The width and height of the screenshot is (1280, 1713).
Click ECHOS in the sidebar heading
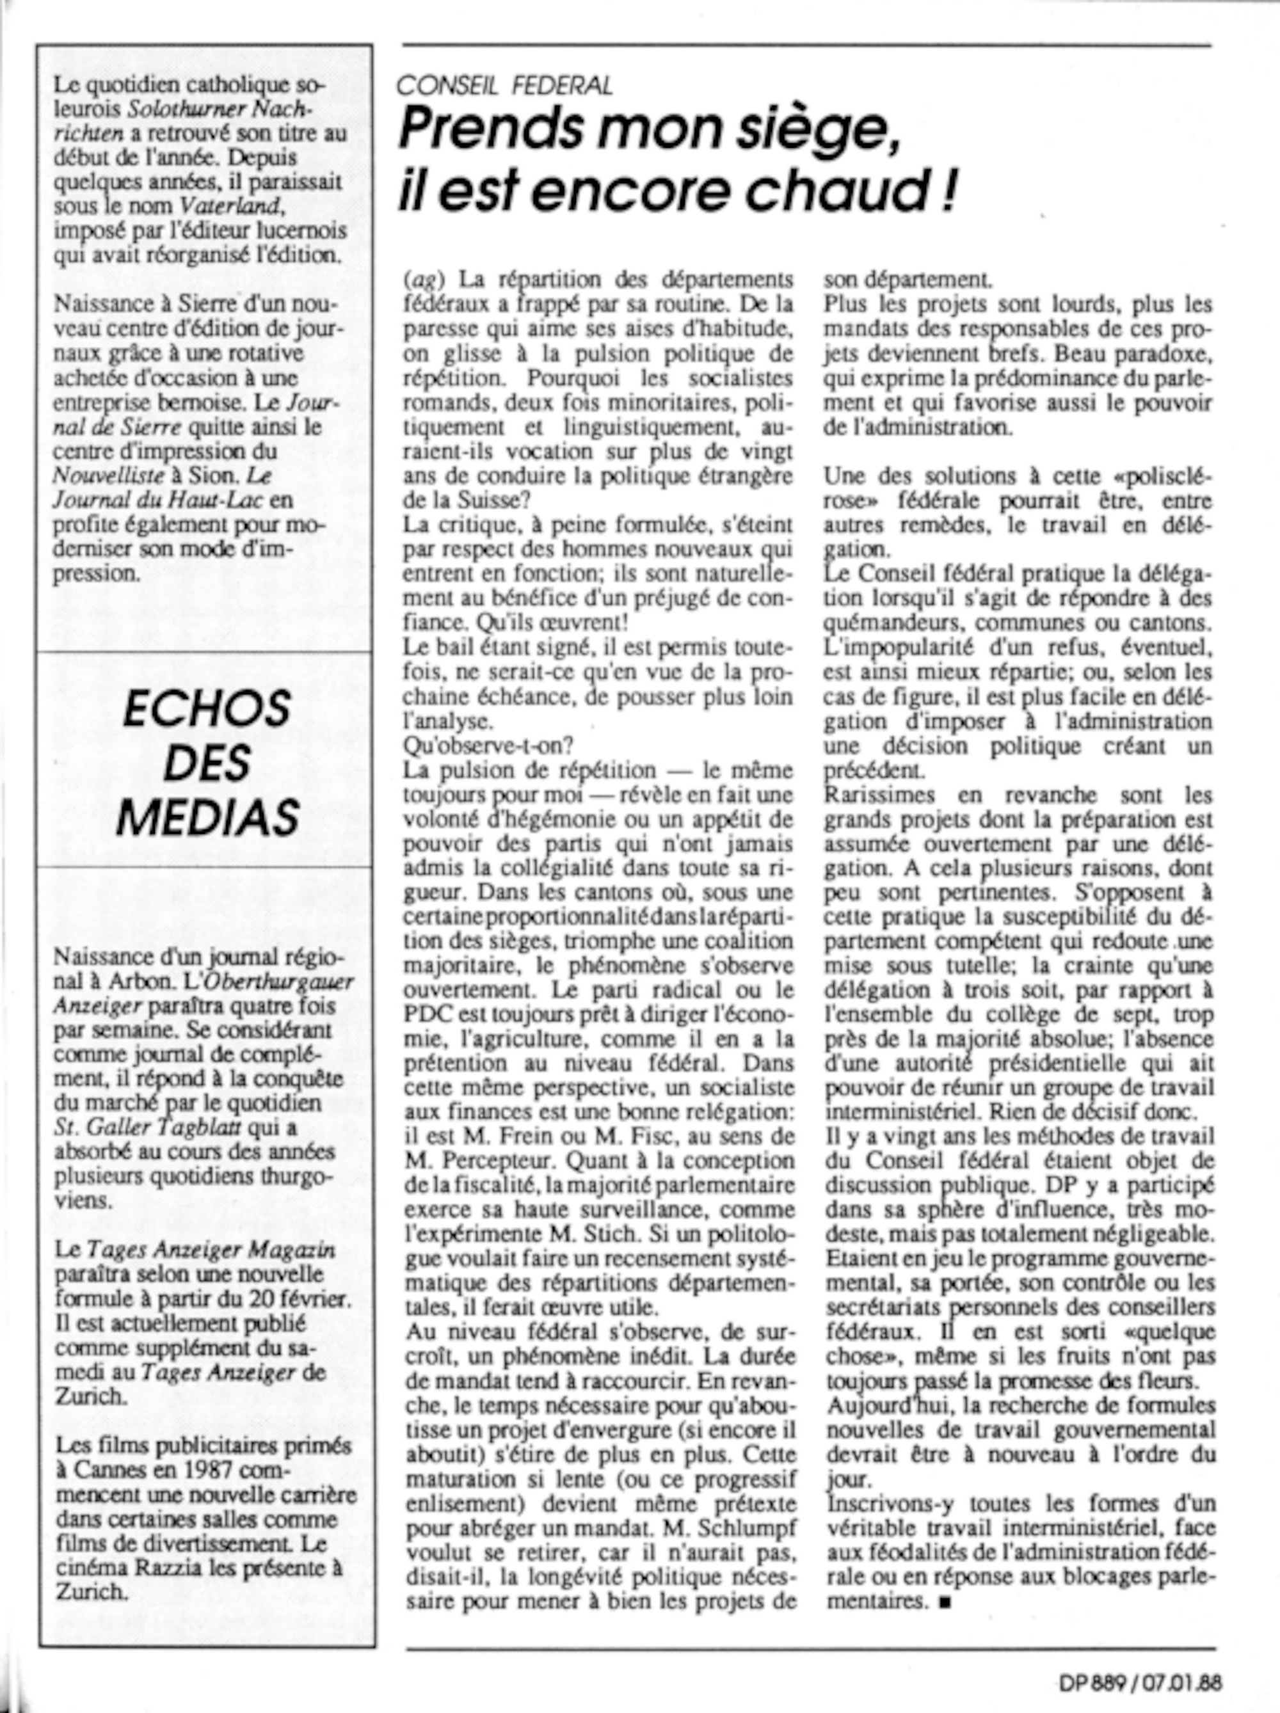(207, 708)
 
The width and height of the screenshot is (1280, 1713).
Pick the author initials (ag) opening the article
(421, 279)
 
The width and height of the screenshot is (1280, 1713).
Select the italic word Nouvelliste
(107, 475)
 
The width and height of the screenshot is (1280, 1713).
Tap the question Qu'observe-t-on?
(488, 745)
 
